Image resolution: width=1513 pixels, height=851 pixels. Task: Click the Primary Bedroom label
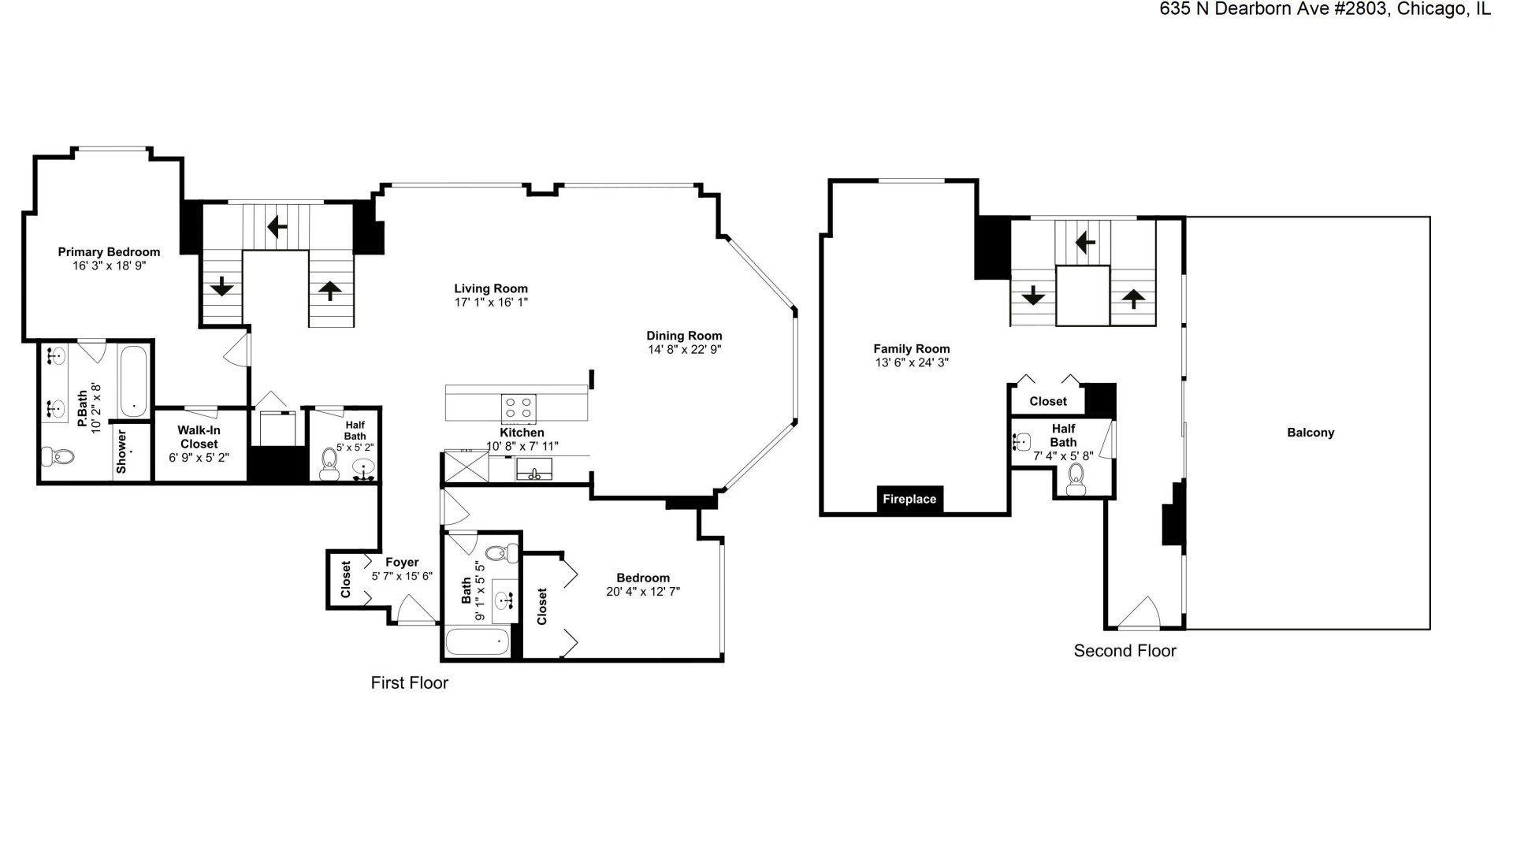point(109,252)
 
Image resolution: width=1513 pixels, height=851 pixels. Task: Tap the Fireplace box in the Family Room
point(909,499)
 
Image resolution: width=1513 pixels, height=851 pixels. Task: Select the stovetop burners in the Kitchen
point(519,407)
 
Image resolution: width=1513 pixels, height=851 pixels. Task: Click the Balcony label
point(1310,433)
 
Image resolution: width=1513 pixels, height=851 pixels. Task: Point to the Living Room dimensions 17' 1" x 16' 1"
point(491,303)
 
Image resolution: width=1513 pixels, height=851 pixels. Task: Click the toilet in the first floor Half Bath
point(329,465)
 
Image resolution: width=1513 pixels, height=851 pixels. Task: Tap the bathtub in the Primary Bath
point(133,381)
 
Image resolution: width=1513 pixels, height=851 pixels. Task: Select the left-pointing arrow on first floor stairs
point(277,228)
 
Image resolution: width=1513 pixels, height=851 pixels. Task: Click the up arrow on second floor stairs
point(1133,298)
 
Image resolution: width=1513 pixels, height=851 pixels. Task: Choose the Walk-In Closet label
point(199,437)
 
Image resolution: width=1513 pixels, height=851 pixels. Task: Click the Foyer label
point(402,563)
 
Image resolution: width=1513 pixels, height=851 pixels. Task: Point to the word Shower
point(121,452)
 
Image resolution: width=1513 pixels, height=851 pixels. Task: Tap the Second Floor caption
point(1125,651)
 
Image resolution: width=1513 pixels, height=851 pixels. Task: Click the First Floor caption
point(409,682)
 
